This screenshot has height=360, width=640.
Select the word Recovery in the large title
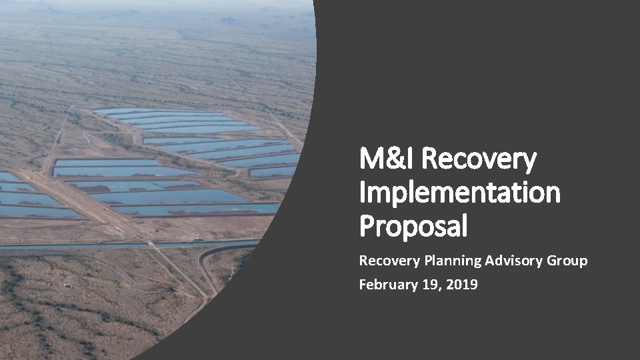479,160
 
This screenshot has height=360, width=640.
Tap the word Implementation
459,193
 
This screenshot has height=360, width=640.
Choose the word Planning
452,261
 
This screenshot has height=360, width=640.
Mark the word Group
567,261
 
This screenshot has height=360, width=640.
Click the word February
387,285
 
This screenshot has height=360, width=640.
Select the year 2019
462,285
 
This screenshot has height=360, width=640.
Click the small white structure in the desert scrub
67,285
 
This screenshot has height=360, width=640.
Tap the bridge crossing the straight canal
151,245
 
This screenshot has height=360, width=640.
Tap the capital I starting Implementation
363,193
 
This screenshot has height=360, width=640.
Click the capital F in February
363,285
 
